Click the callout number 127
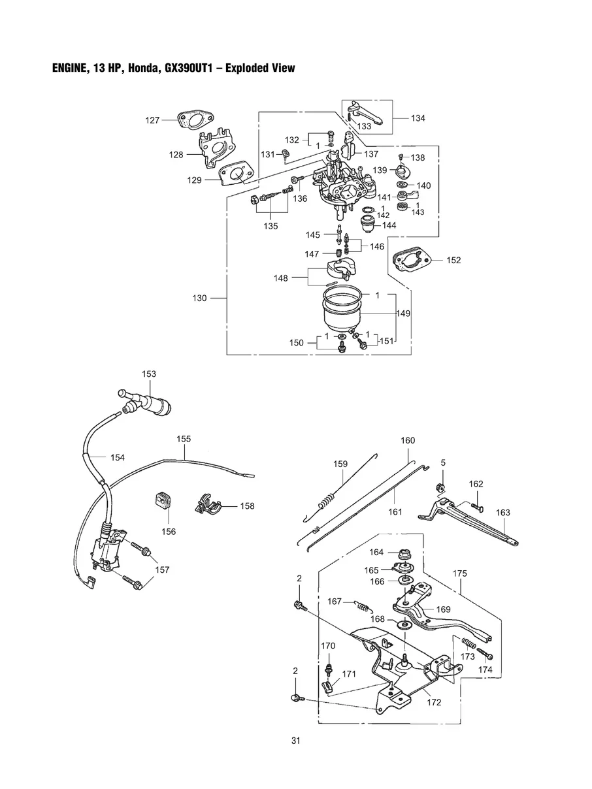coord(152,120)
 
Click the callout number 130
coord(199,298)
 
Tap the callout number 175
coord(460,573)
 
